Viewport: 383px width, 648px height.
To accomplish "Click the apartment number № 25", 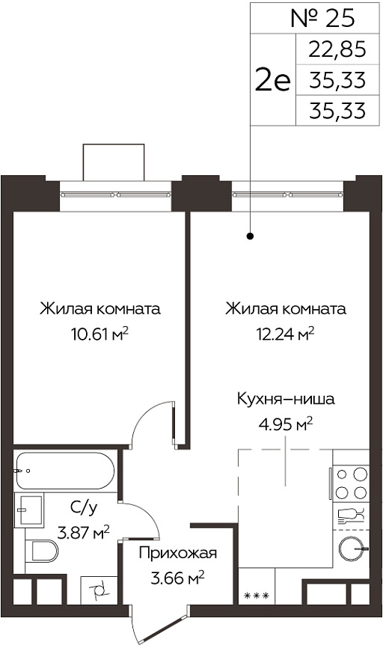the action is coord(322,18).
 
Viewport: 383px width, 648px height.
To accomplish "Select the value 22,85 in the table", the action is coord(337,49).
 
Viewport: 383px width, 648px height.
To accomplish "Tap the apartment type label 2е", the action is coord(273,80).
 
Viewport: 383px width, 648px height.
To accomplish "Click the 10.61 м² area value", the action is coord(99,334).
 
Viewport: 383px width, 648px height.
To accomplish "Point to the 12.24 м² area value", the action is coord(284,334).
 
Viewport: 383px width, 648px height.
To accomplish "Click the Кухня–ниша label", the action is coord(286,400).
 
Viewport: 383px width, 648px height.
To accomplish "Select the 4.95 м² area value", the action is coord(286,424).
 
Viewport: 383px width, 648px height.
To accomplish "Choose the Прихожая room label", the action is coord(177,553).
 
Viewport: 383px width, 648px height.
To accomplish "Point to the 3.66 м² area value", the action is coord(177,578).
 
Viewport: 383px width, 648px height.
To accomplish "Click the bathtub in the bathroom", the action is coord(64,471).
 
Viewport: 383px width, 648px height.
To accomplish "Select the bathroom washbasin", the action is coord(28,510).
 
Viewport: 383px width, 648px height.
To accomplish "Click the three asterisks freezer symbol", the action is coord(257,596).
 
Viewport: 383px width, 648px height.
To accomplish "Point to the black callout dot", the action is coord(250,236).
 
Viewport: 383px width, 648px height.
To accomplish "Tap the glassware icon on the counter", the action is coord(351,514).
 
